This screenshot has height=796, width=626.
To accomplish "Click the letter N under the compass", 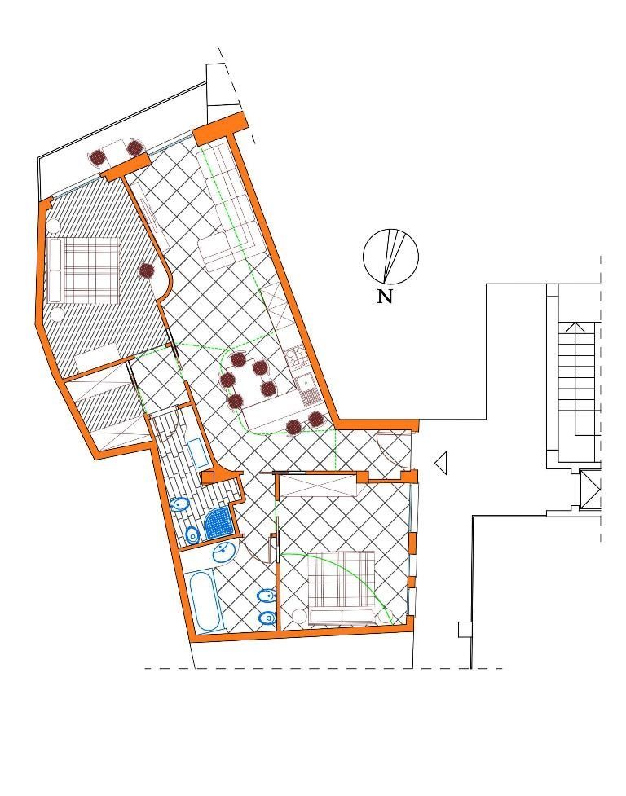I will pyautogui.click(x=385, y=297).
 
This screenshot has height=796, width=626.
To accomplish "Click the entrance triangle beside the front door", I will pyautogui.click(x=441, y=464).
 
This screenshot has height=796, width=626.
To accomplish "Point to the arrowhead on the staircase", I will pyautogui.click(x=575, y=328).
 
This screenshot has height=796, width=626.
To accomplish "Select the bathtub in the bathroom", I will pyautogui.click(x=206, y=601).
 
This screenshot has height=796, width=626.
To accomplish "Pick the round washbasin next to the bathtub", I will pyautogui.click(x=224, y=554).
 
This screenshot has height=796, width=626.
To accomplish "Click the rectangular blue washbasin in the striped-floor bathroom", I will pyautogui.click(x=196, y=452).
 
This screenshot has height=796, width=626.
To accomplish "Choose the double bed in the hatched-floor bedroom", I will pyautogui.click(x=86, y=268).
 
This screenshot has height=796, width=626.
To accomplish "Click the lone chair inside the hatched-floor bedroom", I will pyautogui.click(x=147, y=270).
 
